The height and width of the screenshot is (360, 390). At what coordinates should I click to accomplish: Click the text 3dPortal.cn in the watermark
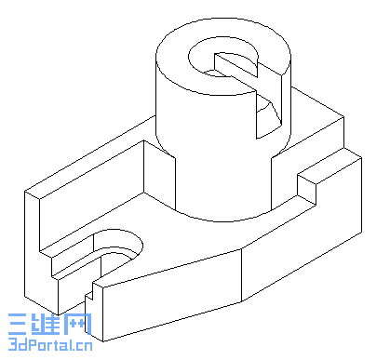[x=48, y=348]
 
